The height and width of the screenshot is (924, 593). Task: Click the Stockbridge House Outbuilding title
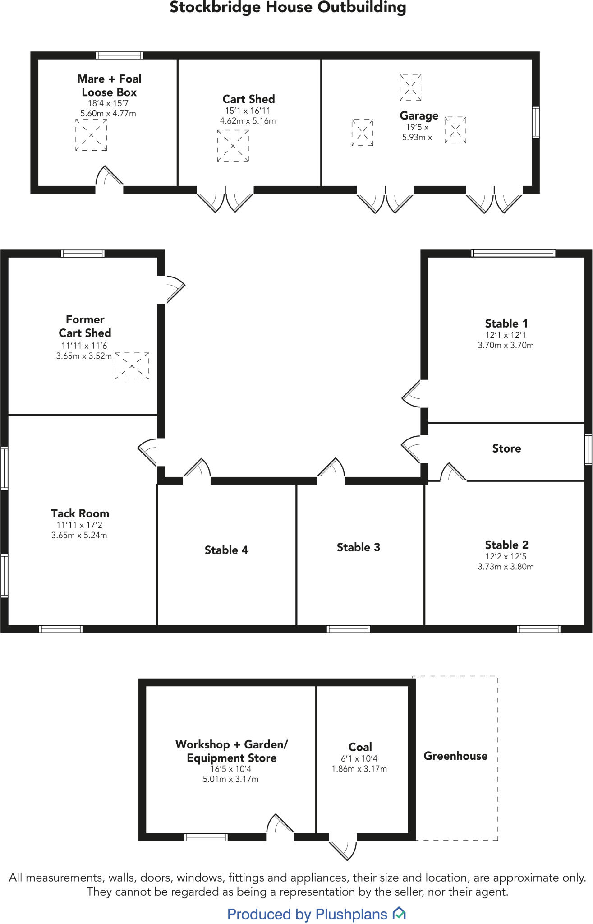pyautogui.click(x=288, y=8)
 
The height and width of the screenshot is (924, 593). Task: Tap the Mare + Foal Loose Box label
pyautogui.click(x=109, y=85)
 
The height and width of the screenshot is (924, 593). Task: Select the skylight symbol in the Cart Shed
pyautogui.click(x=233, y=145)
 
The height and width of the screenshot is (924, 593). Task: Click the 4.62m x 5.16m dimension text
pyautogui.click(x=248, y=121)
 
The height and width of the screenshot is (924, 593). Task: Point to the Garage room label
pyautogui.click(x=419, y=115)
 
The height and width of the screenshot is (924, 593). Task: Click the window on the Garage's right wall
pyautogui.click(x=535, y=122)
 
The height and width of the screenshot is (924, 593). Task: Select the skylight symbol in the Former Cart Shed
pyautogui.click(x=132, y=365)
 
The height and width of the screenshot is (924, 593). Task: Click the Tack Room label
pyautogui.click(x=80, y=513)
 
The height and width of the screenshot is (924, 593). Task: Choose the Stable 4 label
pyautogui.click(x=226, y=550)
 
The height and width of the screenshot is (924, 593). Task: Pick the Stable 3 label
pyautogui.click(x=358, y=547)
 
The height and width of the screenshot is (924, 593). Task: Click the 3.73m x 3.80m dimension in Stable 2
pyautogui.click(x=506, y=567)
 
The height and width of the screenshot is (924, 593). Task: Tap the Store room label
pyautogui.click(x=506, y=448)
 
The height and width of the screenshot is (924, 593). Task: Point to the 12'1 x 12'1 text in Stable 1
pyautogui.click(x=506, y=335)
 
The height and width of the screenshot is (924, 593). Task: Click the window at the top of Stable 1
pyautogui.click(x=513, y=253)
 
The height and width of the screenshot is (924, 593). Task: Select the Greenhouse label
pyautogui.click(x=455, y=756)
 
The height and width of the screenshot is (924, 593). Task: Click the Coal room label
pyautogui.click(x=360, y=747)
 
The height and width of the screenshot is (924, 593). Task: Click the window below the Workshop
pyautogui.click(x=206, y=837)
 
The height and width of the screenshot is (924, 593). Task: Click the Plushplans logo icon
pyautogui.click(x=399, y=914)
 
